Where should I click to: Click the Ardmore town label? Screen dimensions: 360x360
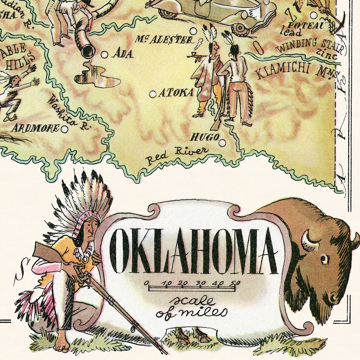click(x=36, y=128)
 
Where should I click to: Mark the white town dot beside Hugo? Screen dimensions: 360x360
click(x=222, y=143)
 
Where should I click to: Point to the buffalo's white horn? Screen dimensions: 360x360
click(x=312, y=238)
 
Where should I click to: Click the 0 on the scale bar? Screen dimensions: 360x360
click(x=147, y=284)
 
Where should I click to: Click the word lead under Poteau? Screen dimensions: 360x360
click(x=290, y=32)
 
